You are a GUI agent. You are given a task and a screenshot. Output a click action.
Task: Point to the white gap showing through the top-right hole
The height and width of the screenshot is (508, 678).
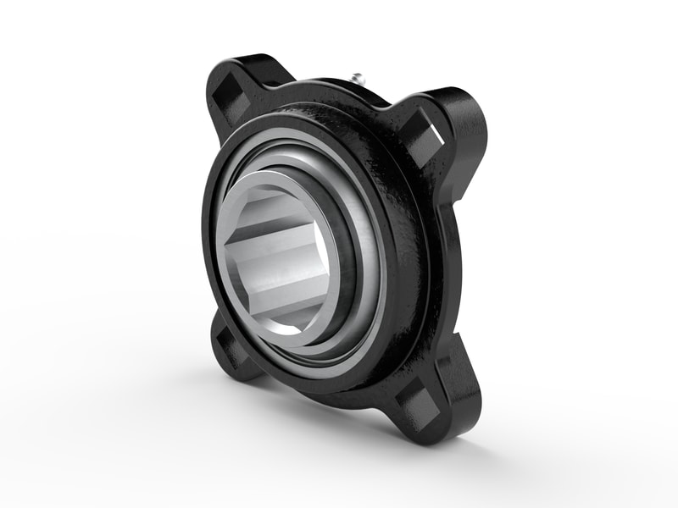click(437, 132)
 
